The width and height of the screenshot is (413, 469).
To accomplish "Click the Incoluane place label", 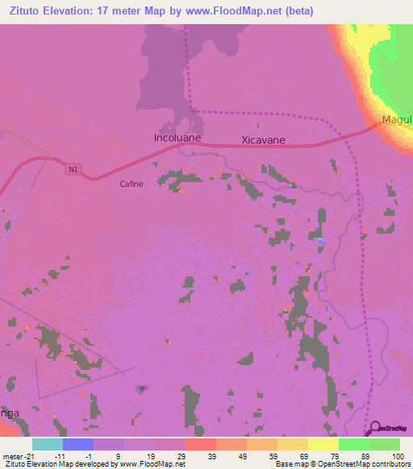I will coord(177,138).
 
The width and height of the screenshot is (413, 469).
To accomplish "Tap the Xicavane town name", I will coord(264,140).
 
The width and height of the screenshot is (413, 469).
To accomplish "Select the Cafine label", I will coord(131,184).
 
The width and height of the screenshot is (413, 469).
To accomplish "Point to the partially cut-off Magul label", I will coord(397,120).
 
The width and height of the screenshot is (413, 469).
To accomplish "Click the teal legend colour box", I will coord(47,444).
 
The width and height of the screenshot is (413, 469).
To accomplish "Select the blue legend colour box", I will coord(77,444).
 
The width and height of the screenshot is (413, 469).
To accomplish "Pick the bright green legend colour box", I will coord(353,444).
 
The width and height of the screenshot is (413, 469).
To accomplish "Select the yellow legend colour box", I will coord(323,444).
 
